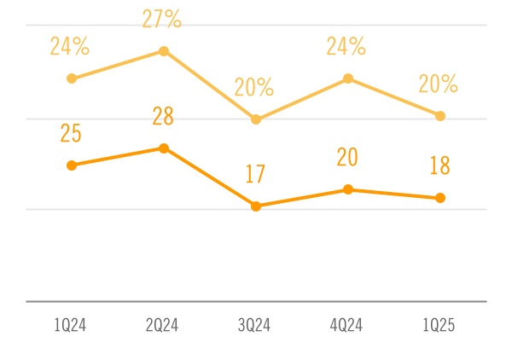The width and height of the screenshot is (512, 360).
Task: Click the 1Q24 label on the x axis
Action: click(71, 325)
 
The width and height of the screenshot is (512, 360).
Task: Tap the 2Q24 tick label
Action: click(163, 325)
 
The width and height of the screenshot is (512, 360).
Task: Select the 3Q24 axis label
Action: click(255, 325)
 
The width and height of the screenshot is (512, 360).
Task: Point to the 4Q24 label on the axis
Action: click(347, 325)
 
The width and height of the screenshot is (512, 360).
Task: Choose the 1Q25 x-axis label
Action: click(439, 325)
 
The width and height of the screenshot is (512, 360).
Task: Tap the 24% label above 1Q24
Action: click(69, 46)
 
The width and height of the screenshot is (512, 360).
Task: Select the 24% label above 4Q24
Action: click(346, 46)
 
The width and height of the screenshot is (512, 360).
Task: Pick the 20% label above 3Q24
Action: click(254, 87)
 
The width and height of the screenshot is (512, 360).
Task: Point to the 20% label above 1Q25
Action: click(439, 84)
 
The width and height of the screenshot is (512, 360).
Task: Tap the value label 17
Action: click(255, 174)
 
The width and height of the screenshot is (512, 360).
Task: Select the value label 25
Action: click(72, 133)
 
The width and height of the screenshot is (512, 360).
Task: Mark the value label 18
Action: click(439, 165)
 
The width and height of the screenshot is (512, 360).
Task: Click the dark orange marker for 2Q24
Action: click(164, 148)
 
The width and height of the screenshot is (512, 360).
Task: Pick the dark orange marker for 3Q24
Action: click(256, 206)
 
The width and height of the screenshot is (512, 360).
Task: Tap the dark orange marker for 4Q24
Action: click(347, 189)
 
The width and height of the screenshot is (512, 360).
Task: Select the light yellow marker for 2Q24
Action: click(164, 51)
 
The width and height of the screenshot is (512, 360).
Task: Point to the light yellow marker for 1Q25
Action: click(440, 116)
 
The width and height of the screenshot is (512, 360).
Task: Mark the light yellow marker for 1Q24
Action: click(72, 78)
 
